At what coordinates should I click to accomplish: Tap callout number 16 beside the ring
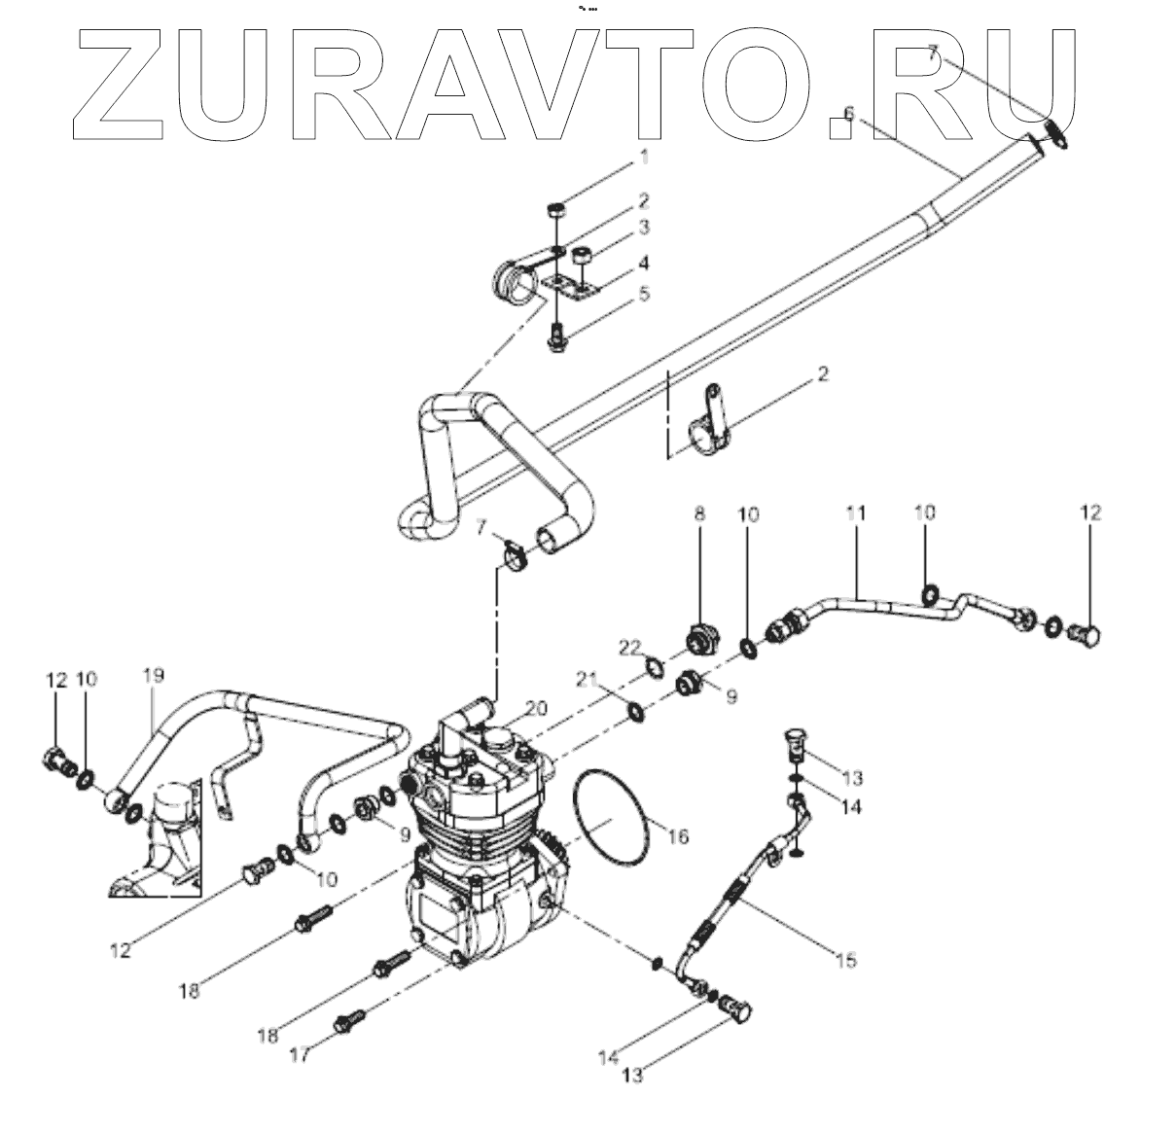(x=678, y=835)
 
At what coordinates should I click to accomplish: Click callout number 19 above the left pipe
(x=153, y=675)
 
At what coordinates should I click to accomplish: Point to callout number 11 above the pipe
(x=855, y=512)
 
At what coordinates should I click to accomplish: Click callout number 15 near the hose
(x=846, y=961)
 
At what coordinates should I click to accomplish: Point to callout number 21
(x=609, y=677)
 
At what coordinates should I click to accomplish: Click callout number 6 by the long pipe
(x=848, y=114)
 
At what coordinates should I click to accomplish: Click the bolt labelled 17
(x=348, y=1021)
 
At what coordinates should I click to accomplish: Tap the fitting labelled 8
(x=702, y=641)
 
